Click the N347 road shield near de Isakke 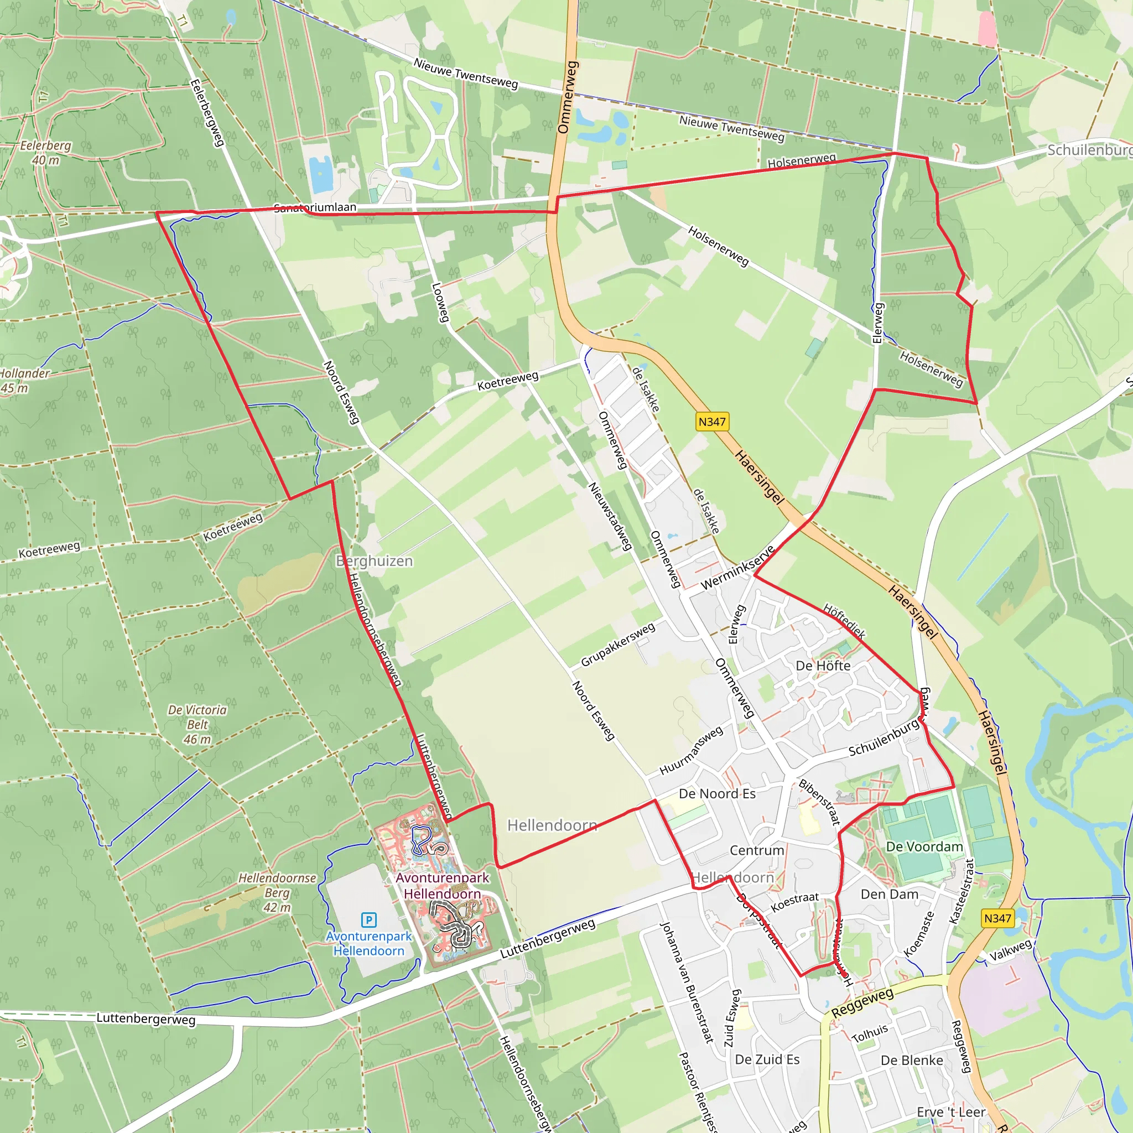tap(712, 422)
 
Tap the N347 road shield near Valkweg tap(997, 918)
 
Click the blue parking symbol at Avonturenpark tap(368, 919)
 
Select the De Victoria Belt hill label tap(197, 724)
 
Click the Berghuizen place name tap(374, 561)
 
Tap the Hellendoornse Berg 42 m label tap(277, 892)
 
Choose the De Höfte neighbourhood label tap(823, 666)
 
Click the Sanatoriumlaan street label tap(315, 207)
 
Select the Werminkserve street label tap(738, 567)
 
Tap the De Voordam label tap(924, 846)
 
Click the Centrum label tap(756, 850)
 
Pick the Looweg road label tap(440, 302)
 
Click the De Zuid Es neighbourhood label tap(767, 1059)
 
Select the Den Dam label tap(889, 894)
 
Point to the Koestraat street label tap(794, 902)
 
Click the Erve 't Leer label tap(951, 1112)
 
